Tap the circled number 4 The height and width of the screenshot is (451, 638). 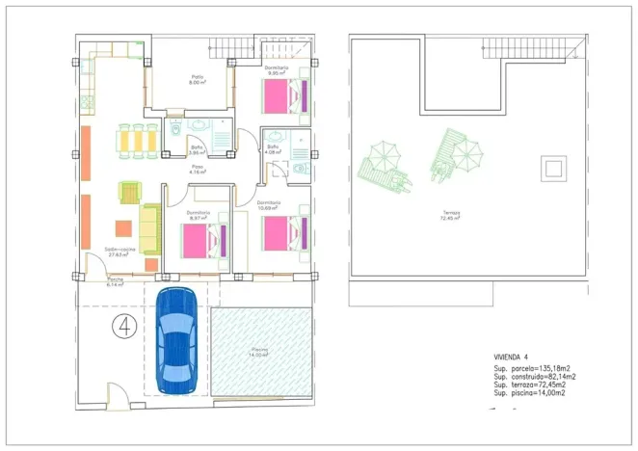(124, 324)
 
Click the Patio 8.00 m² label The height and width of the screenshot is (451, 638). (198, 80)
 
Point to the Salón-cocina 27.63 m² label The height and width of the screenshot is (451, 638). (120, 252)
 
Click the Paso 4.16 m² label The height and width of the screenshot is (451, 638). (199, 170)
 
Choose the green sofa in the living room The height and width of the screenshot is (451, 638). (150, 228)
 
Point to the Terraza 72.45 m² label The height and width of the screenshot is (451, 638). (452, 216)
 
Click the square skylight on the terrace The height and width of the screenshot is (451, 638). (553, 171)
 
